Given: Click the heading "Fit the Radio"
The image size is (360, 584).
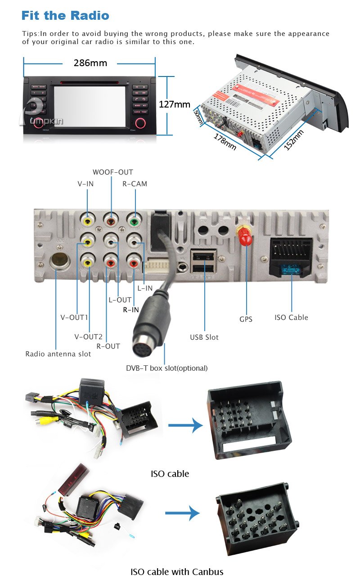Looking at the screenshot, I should [x=65, y=16].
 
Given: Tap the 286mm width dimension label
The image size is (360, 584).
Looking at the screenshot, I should [x=90, y=63].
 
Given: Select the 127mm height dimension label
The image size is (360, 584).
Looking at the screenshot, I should [x=175, y=104].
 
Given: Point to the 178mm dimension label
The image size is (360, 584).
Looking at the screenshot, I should [x=225, y=139].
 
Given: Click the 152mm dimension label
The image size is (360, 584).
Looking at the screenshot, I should [x=294, y=140].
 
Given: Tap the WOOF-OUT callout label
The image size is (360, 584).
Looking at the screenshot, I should [x=113, y=172].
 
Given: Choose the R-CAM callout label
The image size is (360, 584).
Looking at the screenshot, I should [x=135, y=184].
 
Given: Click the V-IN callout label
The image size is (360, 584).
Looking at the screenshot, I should [x=85, y=184].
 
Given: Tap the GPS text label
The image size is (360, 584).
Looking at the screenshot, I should [x=246, y=319].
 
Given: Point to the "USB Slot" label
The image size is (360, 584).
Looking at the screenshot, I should [x=204, y=337].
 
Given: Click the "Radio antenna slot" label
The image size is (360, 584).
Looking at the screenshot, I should [x=58, y=354].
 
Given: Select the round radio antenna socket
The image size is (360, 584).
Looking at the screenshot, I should [x=59, y=261].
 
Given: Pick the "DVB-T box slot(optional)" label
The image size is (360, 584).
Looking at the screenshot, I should [x=166, y=368].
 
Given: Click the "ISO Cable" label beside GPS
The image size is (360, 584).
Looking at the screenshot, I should [x=291, y=317].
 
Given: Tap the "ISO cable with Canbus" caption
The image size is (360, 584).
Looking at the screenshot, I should [x=177, y=572].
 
